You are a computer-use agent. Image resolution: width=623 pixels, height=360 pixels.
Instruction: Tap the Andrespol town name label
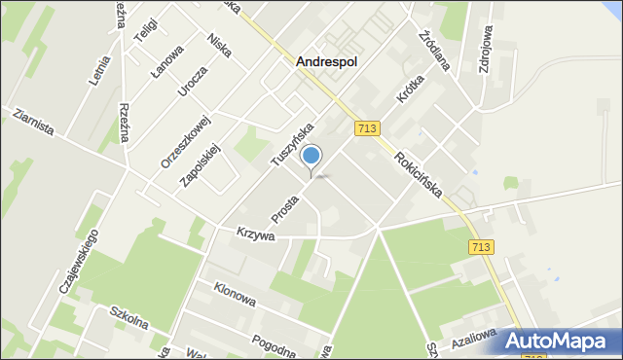pyautogui.click(x=326, y=60)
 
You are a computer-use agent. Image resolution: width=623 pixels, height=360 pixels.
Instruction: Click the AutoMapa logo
pyautogui.click(x=559, y=340)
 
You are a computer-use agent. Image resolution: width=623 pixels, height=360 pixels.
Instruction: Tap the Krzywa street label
pyautogui.click(x=256, y=234)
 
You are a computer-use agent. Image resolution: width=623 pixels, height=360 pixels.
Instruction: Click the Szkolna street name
pyautogui.click(x=128, y=317)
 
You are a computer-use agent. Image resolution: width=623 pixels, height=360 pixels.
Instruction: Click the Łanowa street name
pyautogui.click(x=167, y=65)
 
